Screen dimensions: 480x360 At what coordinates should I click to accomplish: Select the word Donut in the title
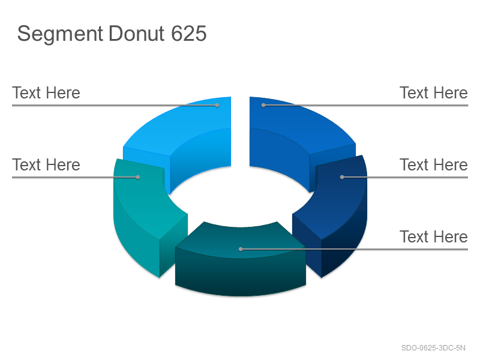pos(137,33)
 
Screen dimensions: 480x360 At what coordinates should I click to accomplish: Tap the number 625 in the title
pos(188,33)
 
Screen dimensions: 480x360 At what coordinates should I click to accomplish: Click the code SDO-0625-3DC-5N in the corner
pos(433,348)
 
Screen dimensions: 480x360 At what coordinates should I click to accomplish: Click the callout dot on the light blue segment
pos(217,106)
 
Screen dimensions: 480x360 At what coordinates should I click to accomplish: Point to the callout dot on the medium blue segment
pos(263,106)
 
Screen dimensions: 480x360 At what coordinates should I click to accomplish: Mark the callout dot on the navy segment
pos(342,177)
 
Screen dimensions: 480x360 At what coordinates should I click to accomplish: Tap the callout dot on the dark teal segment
pos(241,249)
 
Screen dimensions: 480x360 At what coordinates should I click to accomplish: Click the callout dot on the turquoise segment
pos(138,177)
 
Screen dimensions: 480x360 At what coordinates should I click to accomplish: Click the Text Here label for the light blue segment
pos(46,93)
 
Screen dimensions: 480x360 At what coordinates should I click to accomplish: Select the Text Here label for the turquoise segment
pos(46,164)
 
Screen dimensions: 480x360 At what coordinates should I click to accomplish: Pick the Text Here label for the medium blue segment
pos(434,93)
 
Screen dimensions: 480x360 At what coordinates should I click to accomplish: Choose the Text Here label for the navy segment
pos(434,164)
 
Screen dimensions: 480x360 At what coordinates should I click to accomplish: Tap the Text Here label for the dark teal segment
pos(434,236)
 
